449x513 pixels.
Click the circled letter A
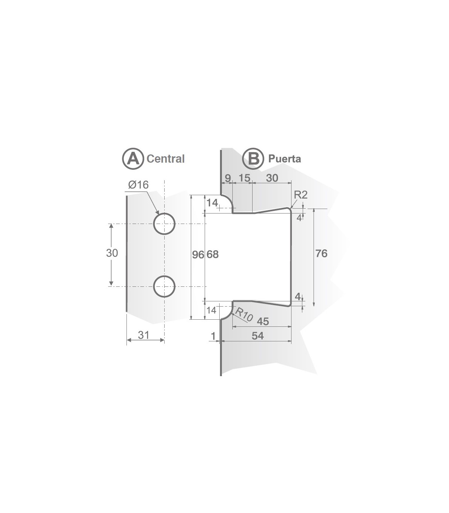[x=132, y=159]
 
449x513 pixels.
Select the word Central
[x=165, y=159]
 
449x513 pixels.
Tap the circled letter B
[x=253, y=159]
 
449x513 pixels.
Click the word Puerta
[x=284, y=159]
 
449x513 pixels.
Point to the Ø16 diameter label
[x=138, y=185]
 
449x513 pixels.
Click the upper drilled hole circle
[x=164, y=224]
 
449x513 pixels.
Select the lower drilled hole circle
[x=164, y=286]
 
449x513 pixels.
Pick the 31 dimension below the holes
[x=143, y=335]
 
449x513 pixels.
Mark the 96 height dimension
[x=198, y=255]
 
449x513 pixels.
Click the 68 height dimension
[x=213, y=255]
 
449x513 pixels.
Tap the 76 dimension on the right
[x=321, y=254]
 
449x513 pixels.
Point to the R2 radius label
[x=300, y=195]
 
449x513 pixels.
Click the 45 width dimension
[x=263, y=321]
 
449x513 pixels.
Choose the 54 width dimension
[x=257, y=336]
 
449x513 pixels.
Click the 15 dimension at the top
[x=244, y=178]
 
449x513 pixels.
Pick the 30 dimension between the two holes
[x=112, y=253]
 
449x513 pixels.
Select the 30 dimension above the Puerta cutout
[x=272, y=178]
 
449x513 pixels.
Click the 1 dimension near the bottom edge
[x=213, y=336]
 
